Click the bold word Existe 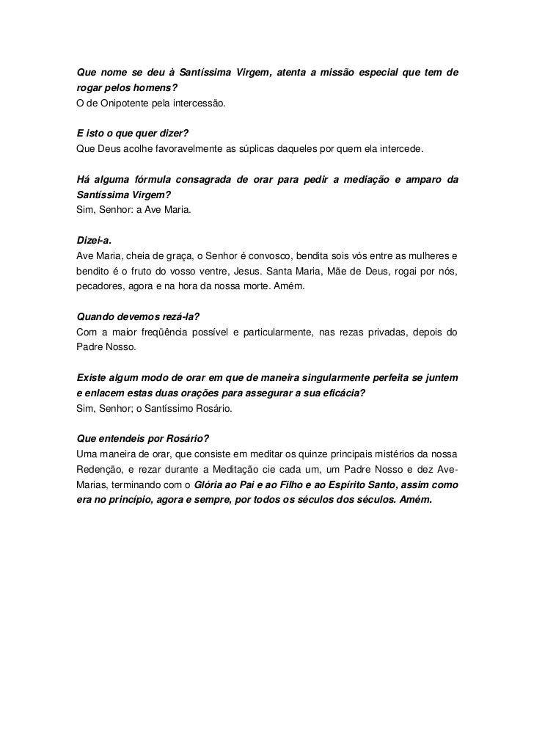coord(93,378)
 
